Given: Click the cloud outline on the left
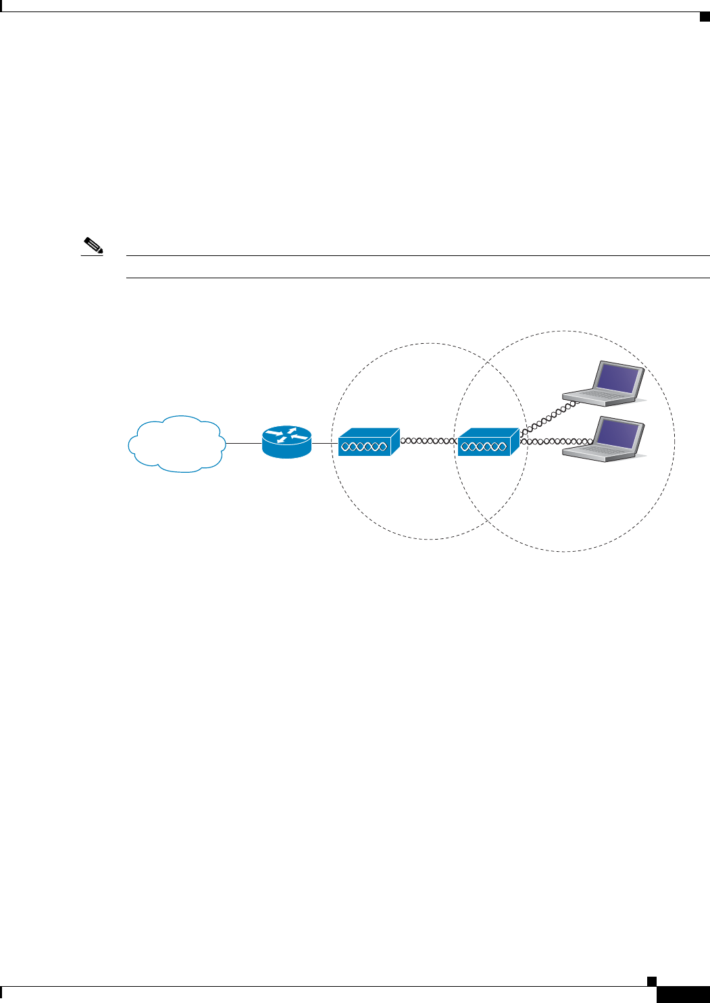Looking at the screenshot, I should (176, 443).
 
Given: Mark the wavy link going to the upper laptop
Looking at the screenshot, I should (547, 418).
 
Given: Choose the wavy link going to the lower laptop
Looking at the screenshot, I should (557, 441).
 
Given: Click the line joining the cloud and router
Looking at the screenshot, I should (243, 443).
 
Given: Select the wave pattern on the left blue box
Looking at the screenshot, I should (363, 446).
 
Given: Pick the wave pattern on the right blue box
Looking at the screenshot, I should (483, 446).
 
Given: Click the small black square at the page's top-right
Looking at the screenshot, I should (704, 17).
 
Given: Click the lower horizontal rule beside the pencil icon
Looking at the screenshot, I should (419, 278).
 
